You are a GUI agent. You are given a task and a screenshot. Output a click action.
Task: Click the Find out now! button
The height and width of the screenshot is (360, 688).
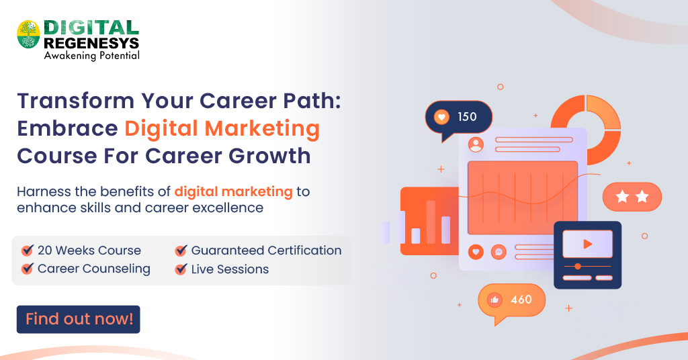click(x=79, y=320)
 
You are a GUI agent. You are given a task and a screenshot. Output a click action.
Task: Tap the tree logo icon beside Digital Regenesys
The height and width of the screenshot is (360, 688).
click(x=28, y=34)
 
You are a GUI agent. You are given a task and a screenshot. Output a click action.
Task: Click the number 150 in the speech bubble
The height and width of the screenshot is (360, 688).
click(x=467, y=117)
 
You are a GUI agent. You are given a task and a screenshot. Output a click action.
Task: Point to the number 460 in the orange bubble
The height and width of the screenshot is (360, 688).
click(x=521, y=300)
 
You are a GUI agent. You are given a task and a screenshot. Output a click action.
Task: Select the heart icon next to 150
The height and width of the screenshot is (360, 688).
click(x=441, y=117)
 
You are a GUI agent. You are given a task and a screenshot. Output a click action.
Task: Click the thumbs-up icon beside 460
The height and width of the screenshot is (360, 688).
click(x=495, y=300)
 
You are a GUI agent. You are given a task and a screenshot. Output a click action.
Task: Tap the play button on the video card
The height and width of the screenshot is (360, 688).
click(x=587, y=244)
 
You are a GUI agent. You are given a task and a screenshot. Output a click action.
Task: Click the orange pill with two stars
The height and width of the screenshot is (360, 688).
click(x=632, y=197)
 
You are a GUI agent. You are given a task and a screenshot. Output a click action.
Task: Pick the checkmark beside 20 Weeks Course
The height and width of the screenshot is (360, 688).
click(x=28, y=251)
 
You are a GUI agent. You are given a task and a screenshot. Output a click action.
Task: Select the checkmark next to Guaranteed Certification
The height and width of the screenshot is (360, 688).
click(x=181, y=251)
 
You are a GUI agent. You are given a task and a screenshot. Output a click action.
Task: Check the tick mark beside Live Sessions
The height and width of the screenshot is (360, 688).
click(x=181, y=269)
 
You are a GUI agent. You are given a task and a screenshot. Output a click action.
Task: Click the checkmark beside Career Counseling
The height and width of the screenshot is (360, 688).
click(x=28, y=269)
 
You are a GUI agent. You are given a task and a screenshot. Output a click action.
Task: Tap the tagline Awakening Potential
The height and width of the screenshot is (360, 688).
click(x=91, y=56)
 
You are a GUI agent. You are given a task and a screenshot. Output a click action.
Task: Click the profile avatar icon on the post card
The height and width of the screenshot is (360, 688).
click(x=476, y=144)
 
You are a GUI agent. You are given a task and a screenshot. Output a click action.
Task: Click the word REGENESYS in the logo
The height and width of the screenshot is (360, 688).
click(x=91, y=43)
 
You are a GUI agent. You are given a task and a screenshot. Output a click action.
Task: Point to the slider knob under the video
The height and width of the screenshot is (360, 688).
click(x=578, y=267)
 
